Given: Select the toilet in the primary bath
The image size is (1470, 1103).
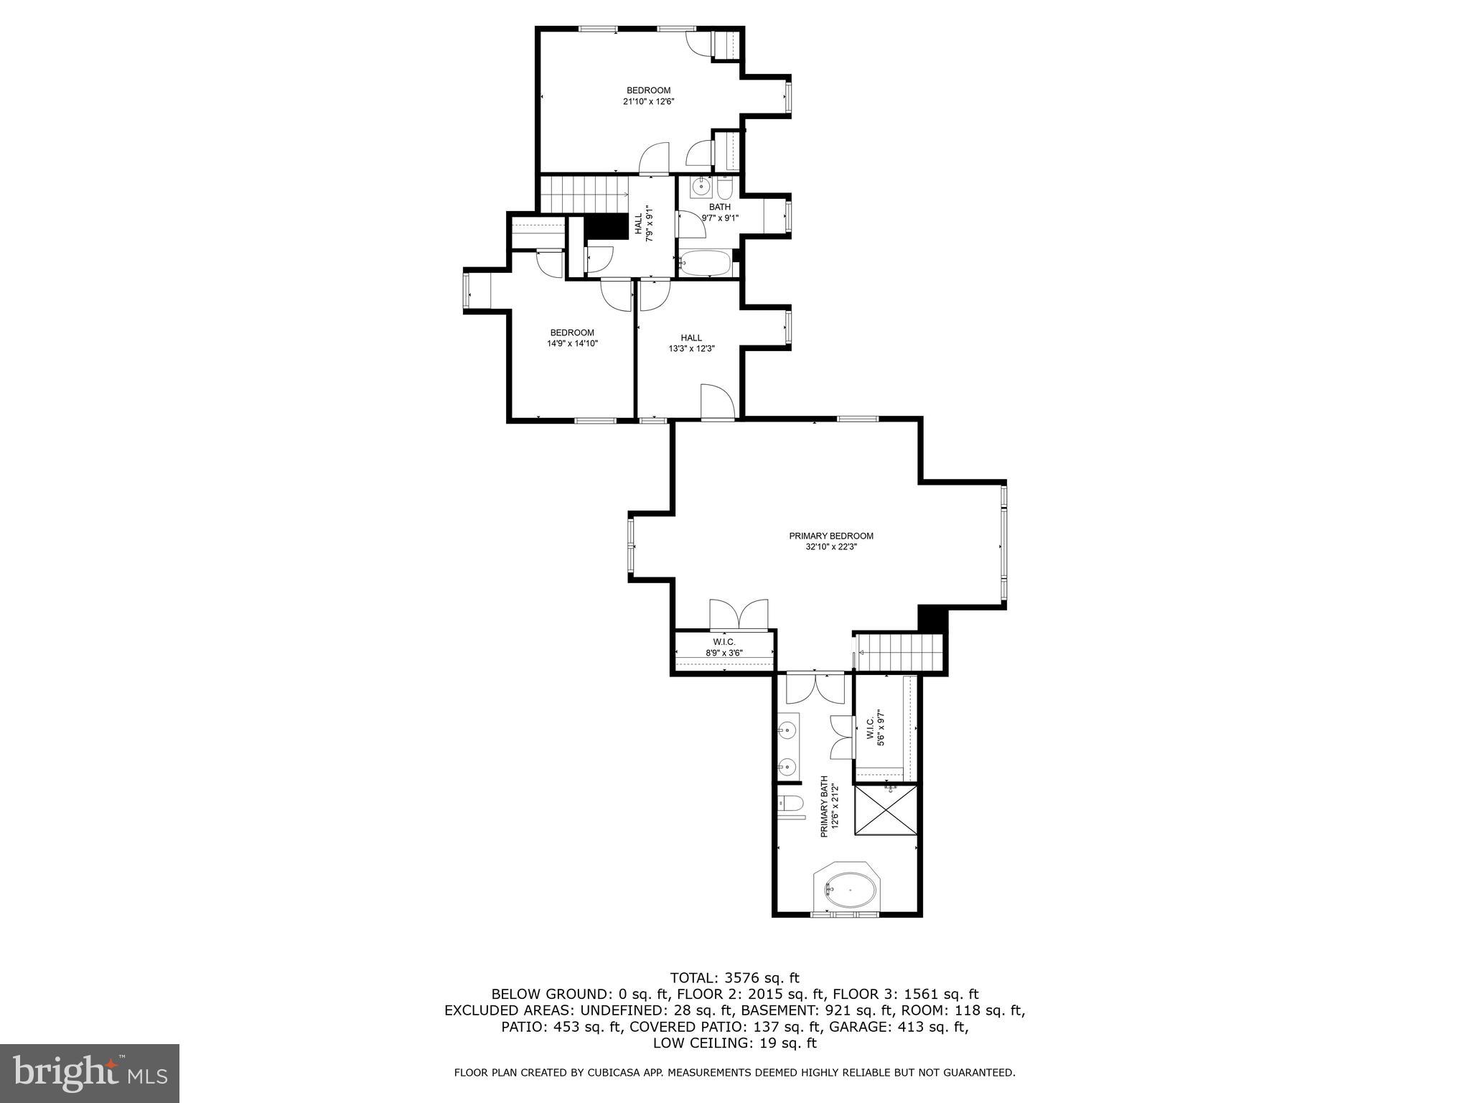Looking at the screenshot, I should [790, 805].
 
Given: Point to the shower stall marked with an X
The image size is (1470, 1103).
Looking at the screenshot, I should [886, 809].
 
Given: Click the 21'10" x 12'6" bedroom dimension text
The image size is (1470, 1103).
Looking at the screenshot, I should [648, 102].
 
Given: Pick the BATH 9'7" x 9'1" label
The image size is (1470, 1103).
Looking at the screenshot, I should [719, 212].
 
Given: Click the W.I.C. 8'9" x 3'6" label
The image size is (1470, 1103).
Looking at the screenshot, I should [724, 647].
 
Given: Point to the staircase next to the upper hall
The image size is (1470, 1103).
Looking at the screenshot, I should [580, 195].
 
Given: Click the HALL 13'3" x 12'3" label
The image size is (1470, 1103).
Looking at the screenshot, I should [691, 343].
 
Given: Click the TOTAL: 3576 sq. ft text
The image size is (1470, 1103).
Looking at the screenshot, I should [734, 977].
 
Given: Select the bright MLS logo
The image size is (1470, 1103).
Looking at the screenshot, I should [90, 1073].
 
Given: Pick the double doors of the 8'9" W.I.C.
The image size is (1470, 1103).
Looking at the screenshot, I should [739, 615].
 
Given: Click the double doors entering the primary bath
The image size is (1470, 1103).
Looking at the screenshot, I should [815, 688].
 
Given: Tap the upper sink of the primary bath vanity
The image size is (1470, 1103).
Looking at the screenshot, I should [788, 730].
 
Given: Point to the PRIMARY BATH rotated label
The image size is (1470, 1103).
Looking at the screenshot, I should [829, 806].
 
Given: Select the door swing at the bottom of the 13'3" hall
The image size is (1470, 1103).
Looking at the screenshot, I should [716, 401].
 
